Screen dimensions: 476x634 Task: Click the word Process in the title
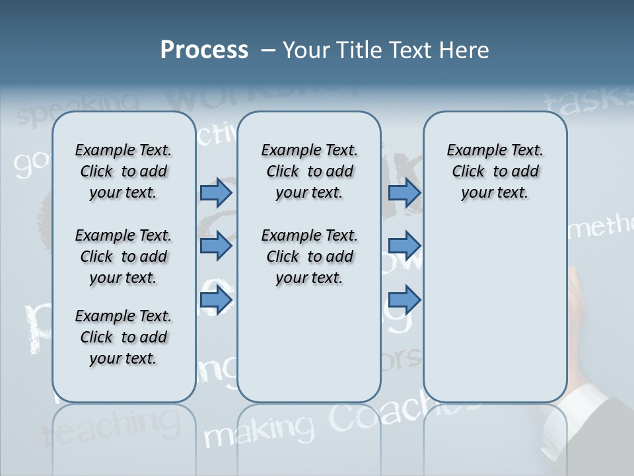(204, 50)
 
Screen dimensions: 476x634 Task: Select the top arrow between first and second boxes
(216, 193)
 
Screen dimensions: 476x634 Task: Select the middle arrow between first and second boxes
(216, 246)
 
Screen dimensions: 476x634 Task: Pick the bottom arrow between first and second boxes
(216, 300)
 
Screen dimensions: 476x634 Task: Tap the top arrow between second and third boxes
(404, 193)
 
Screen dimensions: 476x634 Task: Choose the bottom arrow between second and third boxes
(404, 300)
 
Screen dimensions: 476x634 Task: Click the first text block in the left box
(123, 171)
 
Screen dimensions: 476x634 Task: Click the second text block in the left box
(123, 257)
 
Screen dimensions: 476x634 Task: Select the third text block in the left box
(123, 337)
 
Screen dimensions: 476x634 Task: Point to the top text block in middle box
(309, 171)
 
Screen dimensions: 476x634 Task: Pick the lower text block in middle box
(309, 257)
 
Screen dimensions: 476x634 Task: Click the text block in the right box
(495, 171)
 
